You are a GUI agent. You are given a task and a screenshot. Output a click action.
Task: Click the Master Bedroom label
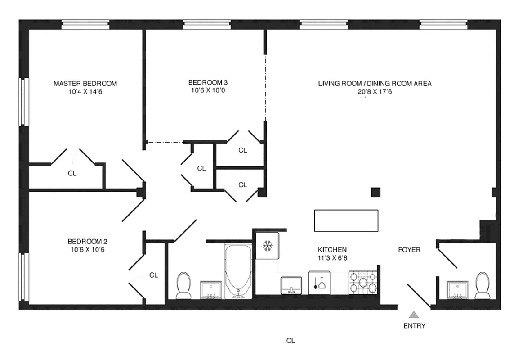pyautogui.click(x=85, y=84)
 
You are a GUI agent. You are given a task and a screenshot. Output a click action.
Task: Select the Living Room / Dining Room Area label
pyautogui.click(x=375, y=84)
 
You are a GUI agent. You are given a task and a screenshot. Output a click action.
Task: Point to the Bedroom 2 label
pyautogui.click(x=87, y=241)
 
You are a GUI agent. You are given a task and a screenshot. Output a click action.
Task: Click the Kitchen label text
pyautogui.click(x=332, y=250)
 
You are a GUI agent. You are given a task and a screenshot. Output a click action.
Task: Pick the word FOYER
pyautogui.click(x=409, y=250)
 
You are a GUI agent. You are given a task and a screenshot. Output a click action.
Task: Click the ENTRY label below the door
pyautogui.click(x=414, y=326)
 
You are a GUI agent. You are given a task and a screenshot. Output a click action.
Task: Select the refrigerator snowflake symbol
pyautogui.click(x=268, y=246)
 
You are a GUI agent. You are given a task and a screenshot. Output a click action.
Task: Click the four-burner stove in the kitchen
pyautogui.click(x=364, y=283)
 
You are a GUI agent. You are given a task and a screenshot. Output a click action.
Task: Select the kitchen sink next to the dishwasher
pyautogui.click(x=291, y=284)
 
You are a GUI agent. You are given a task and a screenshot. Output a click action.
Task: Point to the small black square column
pyautogui.click(x=375, y=192)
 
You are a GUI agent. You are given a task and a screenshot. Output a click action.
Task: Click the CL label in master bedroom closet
pyautogui.click(x=72, y=173)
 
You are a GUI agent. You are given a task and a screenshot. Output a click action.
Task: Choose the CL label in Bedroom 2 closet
pyautogui.click(x=153, y=275)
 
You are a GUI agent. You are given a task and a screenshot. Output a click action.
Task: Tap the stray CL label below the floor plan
pyautogui.click(x=291, y=341)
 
